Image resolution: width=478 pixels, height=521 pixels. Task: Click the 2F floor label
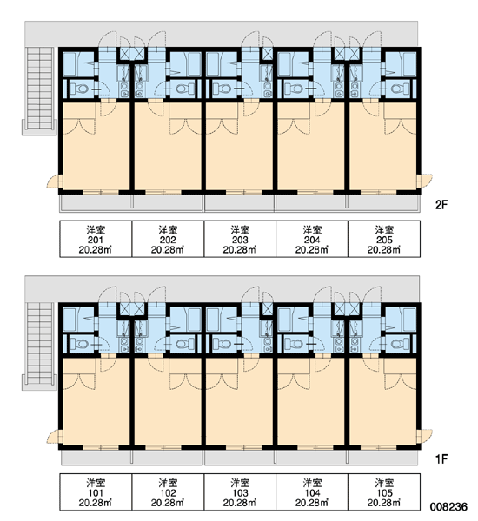click(x=441, y=205)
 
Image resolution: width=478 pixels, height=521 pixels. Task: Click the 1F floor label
click(x=441, y=459)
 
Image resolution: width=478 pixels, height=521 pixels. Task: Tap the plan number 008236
click(x=448, y=506)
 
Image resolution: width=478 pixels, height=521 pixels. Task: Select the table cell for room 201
click(x=96, y=239)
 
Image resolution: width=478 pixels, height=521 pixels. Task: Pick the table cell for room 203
click(x=240, y=239)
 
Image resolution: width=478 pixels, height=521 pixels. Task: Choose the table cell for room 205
click(x=384, y=239)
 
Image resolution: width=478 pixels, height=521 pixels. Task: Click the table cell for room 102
click(x=168, y=492)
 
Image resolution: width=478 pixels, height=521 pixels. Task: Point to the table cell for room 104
click(x=312, y=492)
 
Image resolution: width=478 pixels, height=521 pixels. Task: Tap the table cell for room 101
click(x=96, y=492)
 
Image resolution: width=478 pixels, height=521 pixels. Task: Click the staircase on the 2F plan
click(x=40, y=89)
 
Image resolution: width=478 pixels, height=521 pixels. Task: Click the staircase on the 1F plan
click(x=40, y=344)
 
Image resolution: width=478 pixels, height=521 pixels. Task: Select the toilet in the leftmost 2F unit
click(x=79, y=89)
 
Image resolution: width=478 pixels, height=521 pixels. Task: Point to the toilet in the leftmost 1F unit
click(x=79, y=344)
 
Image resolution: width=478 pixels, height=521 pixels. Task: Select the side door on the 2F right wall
click(x=425, y=181)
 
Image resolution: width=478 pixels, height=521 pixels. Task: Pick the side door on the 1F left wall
click(x=55, y=436)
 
